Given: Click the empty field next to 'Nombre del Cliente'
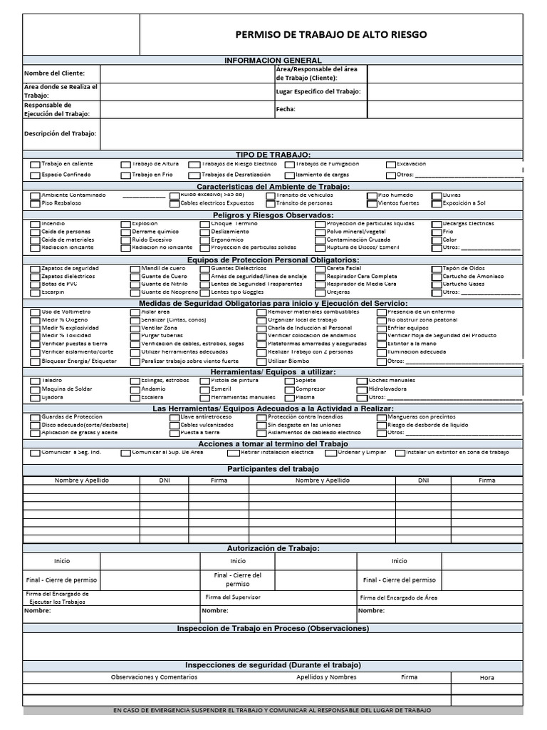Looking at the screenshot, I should point(187,74).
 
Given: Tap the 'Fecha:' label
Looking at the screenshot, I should point(286,109).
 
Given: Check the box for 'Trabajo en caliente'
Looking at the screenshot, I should point(35,165).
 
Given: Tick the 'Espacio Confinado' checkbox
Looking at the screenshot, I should point(35,175).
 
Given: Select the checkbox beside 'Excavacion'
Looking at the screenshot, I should point(391,165).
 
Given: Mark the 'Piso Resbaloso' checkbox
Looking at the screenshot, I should point(35,204).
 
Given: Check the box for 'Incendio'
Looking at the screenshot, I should point(35,225).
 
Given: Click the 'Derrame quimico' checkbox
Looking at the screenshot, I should point(125,232).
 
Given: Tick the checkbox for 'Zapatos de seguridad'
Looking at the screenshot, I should point(35,269).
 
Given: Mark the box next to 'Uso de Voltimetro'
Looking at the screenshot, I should point(35,313).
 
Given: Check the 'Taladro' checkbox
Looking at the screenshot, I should point(35,381).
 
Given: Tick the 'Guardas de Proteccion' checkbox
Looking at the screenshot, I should point(35,417).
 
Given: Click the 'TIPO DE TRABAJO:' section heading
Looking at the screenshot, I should point(273,155).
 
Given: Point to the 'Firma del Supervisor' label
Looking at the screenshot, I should point(233,597).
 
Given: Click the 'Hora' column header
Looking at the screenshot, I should point(486,677).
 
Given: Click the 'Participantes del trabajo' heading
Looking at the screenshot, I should point(273,469).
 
